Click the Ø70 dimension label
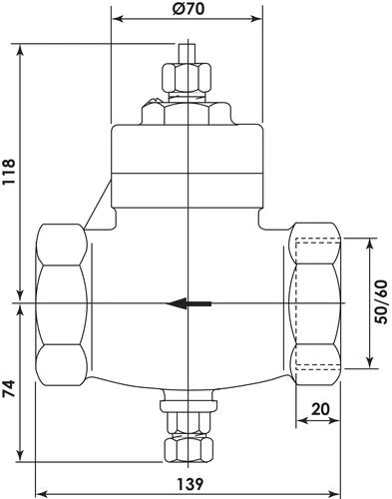click(188, 8)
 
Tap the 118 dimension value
click(9, 172)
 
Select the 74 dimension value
click(9, 388)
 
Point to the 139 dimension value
click(190, 484)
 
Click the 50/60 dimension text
click(381, 302)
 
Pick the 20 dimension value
click(320, 409)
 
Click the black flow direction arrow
click(189, 303)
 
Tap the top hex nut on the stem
click(187, 77)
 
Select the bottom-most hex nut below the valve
click(189, 450)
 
